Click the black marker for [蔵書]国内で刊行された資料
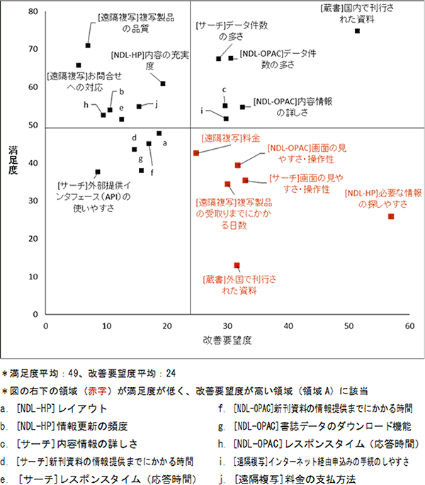357,31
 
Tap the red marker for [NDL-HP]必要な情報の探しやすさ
391,216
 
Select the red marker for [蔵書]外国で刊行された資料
237,265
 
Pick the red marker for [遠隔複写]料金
196,153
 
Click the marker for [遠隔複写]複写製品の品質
88,45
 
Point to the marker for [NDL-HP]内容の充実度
163,84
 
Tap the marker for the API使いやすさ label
98,172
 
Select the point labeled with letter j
139,106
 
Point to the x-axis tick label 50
348,325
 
